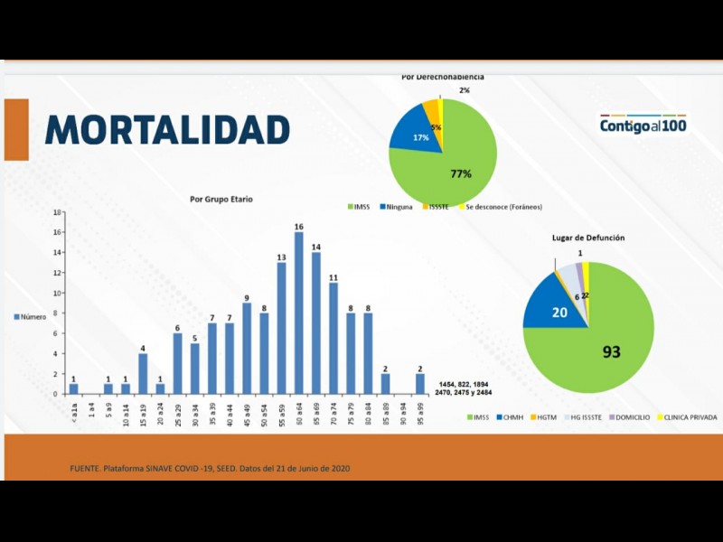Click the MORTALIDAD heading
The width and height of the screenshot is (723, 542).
click(167, 129)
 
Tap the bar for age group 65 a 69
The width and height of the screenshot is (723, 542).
click(316, 323)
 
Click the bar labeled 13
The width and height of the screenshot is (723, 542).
click(281, 328)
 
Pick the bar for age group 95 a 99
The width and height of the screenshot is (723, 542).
click(420, 384)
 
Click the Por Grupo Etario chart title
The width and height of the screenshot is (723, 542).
click(221, 199)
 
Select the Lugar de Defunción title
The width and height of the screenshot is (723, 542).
click(588, 238)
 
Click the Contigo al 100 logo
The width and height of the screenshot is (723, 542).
click(643, 125)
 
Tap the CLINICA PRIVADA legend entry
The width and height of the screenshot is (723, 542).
click(690, 417)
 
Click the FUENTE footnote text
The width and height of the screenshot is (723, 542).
click(210, 468)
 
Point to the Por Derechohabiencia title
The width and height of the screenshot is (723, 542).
click(443, 77)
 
